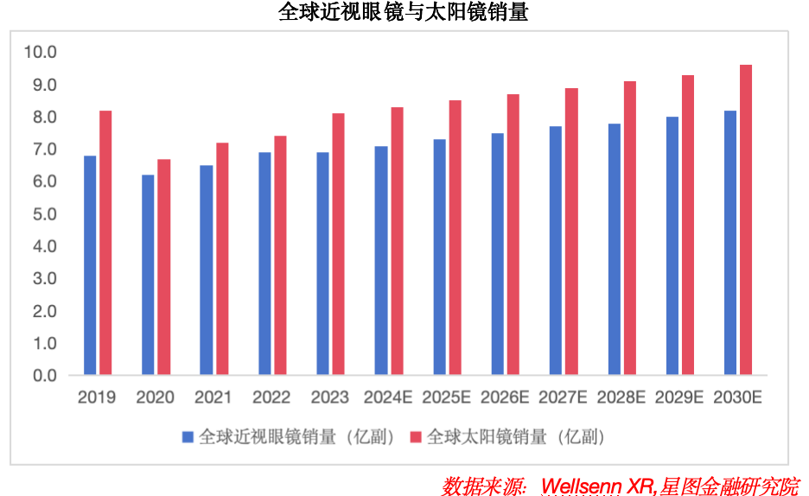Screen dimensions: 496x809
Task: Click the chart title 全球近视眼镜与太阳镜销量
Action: (x=403, y=12)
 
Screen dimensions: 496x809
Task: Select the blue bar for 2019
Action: (x=90, y=265)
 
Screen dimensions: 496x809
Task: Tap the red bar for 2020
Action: (x=163, y=267)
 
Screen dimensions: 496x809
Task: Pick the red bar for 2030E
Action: (x=746, y=220)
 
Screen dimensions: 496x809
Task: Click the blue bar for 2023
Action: (x=322, y=264)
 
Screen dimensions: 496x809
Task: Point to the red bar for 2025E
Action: (x=455, y=238)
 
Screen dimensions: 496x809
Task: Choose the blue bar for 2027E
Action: (x=556, y=251)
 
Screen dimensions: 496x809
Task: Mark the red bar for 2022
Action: (x=280, y=255)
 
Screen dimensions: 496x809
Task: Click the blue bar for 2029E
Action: (x=672, y=245)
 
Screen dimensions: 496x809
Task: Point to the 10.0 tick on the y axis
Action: (x=40, y=53)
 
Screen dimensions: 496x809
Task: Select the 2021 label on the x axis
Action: (x=213, y=397)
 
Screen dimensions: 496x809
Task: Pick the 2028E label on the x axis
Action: (x=621, y=397)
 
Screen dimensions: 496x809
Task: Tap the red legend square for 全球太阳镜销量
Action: (x=416, y=436)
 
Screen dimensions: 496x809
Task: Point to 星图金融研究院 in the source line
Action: (x=730, y=485)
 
